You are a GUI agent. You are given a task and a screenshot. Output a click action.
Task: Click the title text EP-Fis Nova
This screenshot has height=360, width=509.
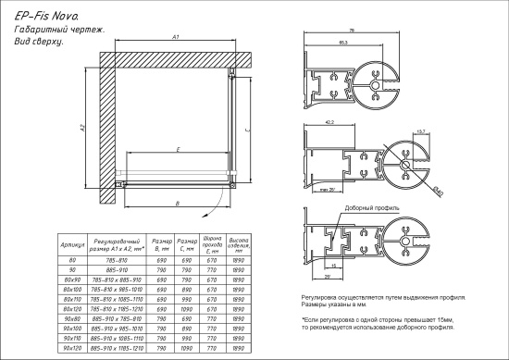(x=38, y=17)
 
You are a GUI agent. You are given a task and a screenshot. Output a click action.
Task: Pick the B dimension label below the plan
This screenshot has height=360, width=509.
(x=177, y=203)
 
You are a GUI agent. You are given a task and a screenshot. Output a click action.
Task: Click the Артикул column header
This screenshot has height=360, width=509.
(x=72, y=245)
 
